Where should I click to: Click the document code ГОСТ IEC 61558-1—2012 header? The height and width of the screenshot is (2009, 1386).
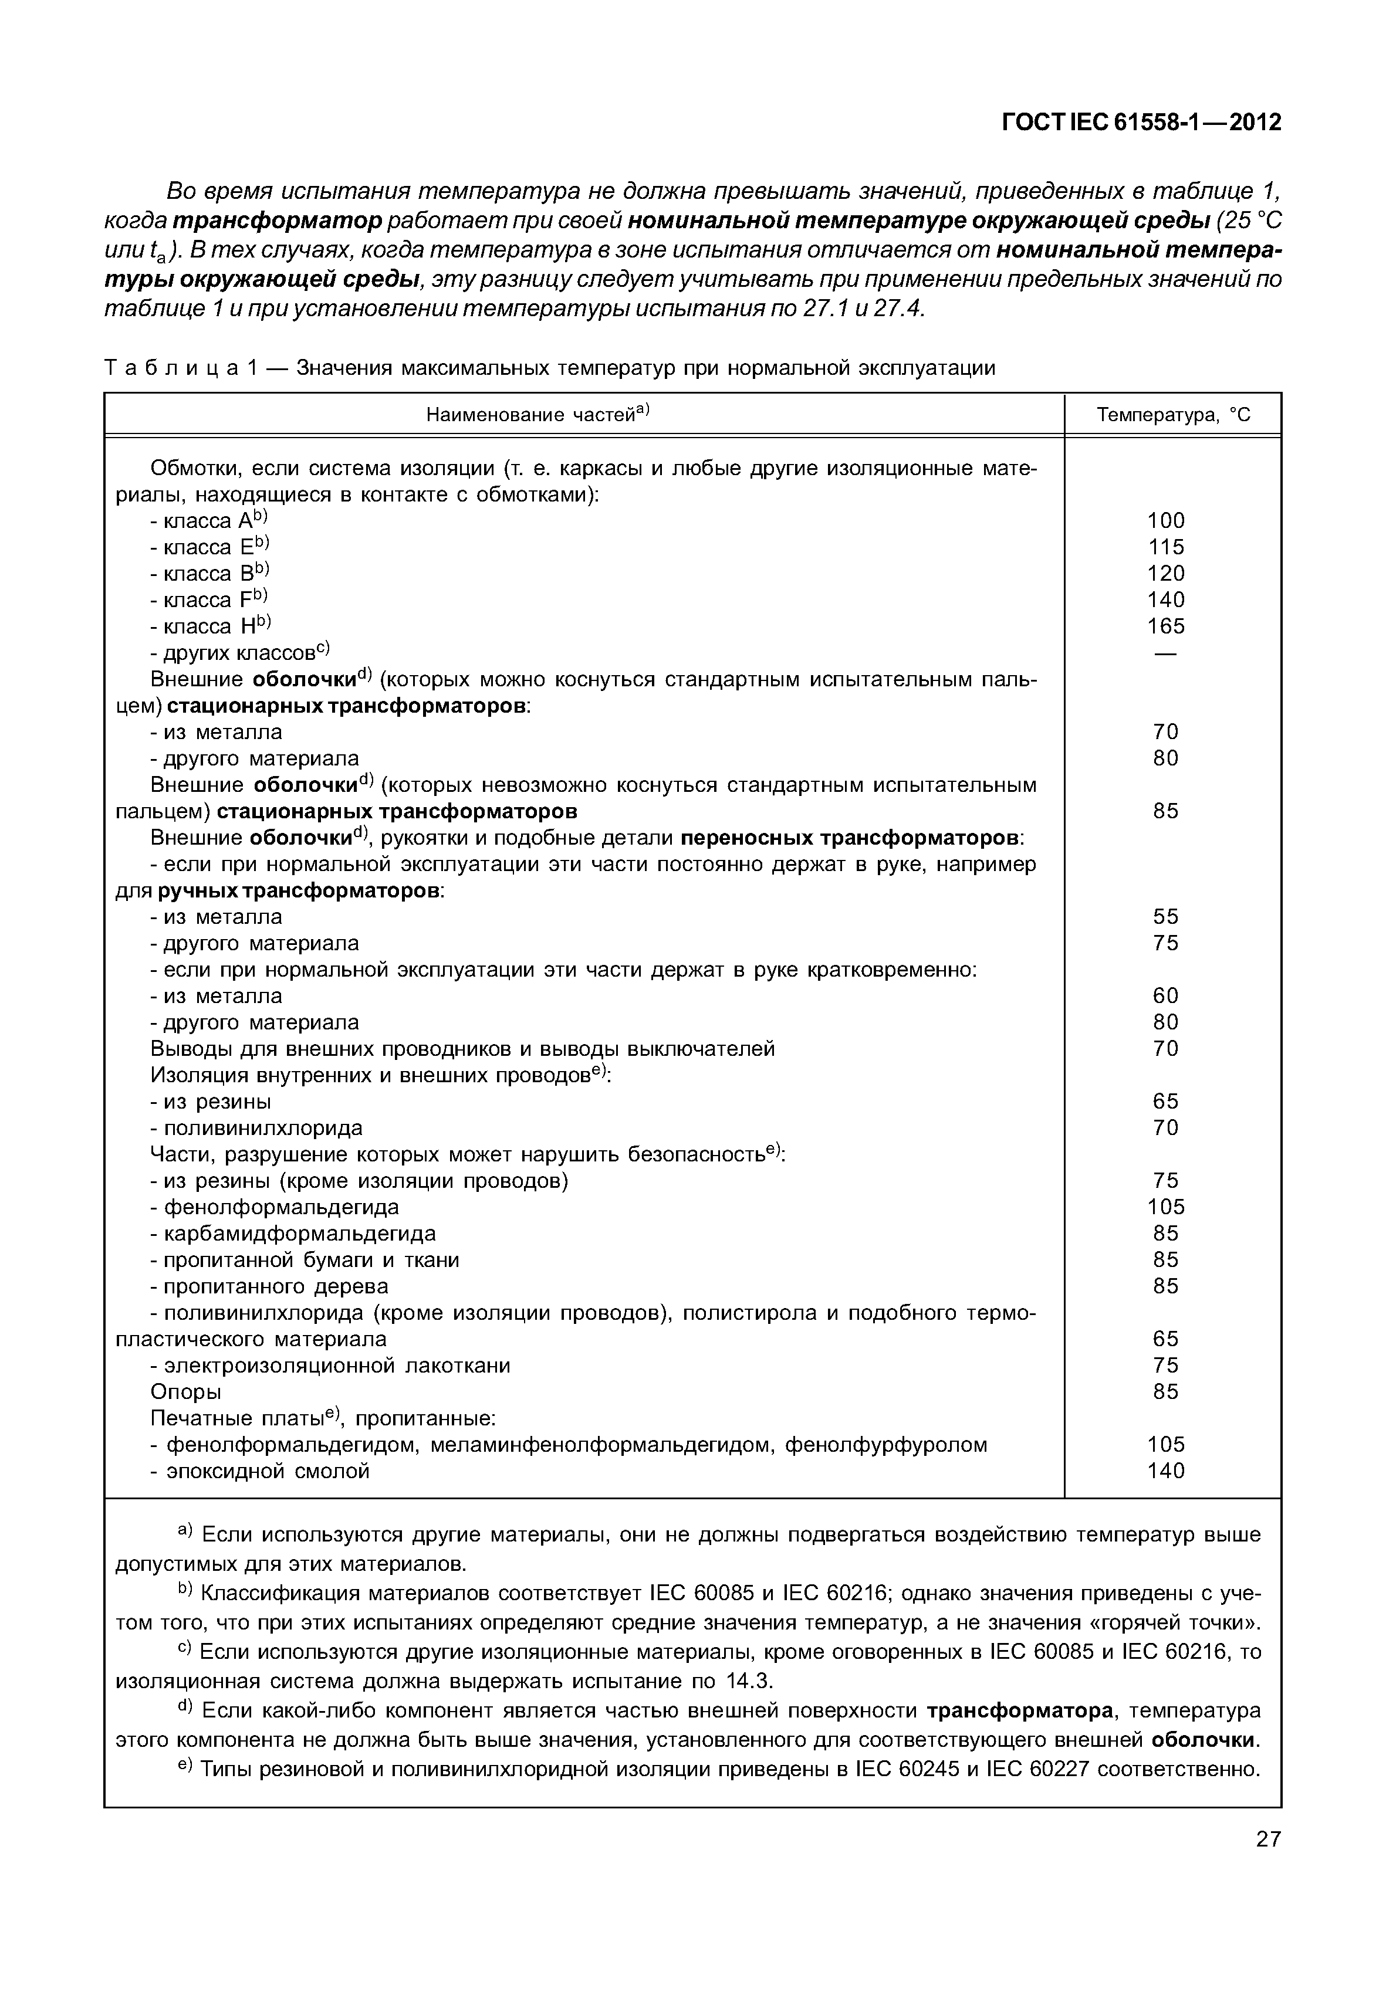(x=1141, y=123)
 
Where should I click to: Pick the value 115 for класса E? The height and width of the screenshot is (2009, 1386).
(x=1165, y=547)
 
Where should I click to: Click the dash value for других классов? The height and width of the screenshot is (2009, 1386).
(x=1165, y=653)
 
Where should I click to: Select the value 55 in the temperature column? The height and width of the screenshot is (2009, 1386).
(x=1165, y=917)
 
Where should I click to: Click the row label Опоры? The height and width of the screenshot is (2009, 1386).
(x=186, y=1392)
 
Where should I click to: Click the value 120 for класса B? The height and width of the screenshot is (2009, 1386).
(x=1165, y=573)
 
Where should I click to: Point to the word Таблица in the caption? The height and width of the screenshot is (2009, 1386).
(x=170, y=368)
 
